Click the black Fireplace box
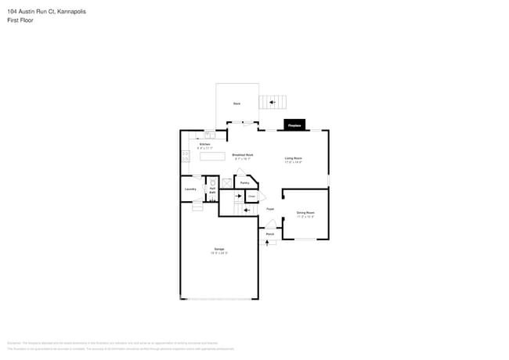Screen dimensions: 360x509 coord(294,125)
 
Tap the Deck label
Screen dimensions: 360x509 coord(236,103)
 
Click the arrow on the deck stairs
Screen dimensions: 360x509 coord(273,102)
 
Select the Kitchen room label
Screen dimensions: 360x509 coord(204,145)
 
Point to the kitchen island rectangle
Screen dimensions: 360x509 coord(212,157)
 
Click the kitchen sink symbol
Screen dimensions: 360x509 coord(210,134)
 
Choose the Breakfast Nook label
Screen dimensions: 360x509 coord(243,156)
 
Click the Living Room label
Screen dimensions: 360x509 coord(293,159)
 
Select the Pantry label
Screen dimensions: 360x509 coord(244,183)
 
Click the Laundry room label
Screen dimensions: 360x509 coord(190,189)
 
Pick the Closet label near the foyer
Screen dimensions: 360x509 coord(252,196)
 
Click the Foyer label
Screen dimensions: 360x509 coord(269,209)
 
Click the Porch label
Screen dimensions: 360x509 coord(269,234)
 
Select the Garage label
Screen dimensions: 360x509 coord(219,250)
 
